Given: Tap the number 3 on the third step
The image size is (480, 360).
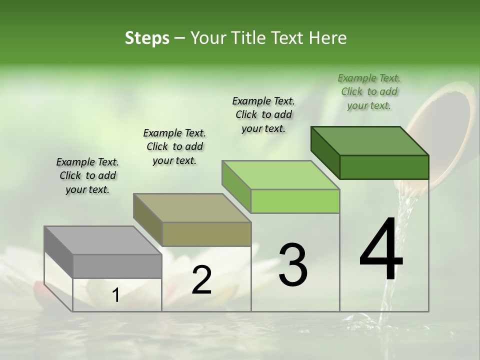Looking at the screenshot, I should (293, 265).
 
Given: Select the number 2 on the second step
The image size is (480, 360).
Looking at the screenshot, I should (201, 280).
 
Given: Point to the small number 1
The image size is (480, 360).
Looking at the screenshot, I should (115, 295).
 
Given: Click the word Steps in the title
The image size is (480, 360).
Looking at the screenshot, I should (147, 38).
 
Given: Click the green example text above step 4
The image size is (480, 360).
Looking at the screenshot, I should (369, 91).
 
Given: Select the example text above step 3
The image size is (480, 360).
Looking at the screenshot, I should (263, 114).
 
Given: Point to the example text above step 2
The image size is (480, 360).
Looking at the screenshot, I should (174, 146).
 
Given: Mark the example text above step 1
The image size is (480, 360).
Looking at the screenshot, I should (87, 175).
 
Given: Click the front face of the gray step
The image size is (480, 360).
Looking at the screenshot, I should (117, 266).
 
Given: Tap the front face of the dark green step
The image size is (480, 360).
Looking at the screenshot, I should (384, 167).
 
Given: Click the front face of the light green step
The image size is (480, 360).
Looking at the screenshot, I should (295, 201).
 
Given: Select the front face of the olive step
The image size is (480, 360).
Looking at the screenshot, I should (206, 234).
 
